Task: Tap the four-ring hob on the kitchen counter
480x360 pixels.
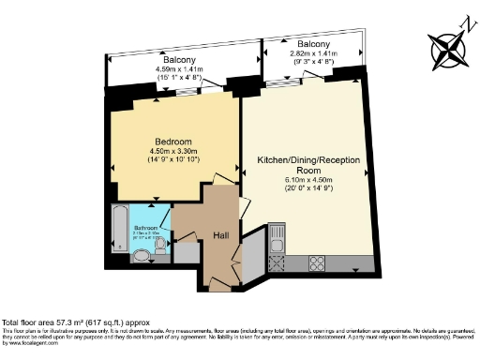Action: pyautogui.click(x=318, y=262)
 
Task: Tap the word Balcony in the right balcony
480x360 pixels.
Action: pyautogui.click(x=314, y=44)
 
